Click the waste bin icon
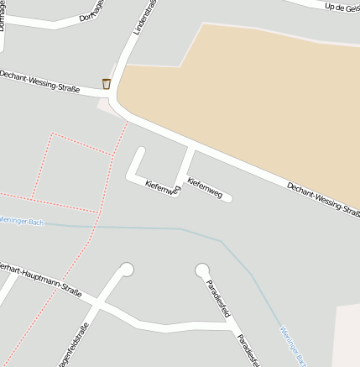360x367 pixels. click(x=107, y=83)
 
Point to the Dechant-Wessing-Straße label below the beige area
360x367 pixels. click(x=323, y=201)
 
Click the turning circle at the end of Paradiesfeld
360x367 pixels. click(x=202, y=270)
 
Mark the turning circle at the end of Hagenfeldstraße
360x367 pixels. click(x=127, y=270)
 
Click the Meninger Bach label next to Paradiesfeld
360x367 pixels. click(x=290, y=344)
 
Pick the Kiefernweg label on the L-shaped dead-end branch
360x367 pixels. click(x=162, y=188)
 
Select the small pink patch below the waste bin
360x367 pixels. click(x=105, y=106)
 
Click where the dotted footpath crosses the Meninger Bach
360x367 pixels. click(x=97, y=225)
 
